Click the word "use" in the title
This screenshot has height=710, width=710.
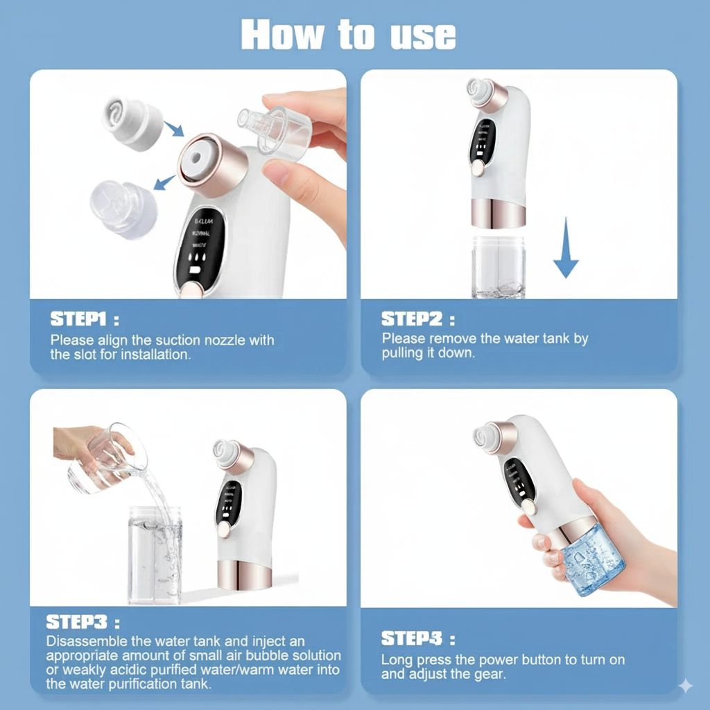click(423, 34)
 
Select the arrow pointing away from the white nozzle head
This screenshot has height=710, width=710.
click(164, 182)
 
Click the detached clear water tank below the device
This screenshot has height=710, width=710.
click(499, 266)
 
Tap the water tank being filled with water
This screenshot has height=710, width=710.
click(154, 555)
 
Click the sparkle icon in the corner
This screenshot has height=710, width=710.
click(685, 686)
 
